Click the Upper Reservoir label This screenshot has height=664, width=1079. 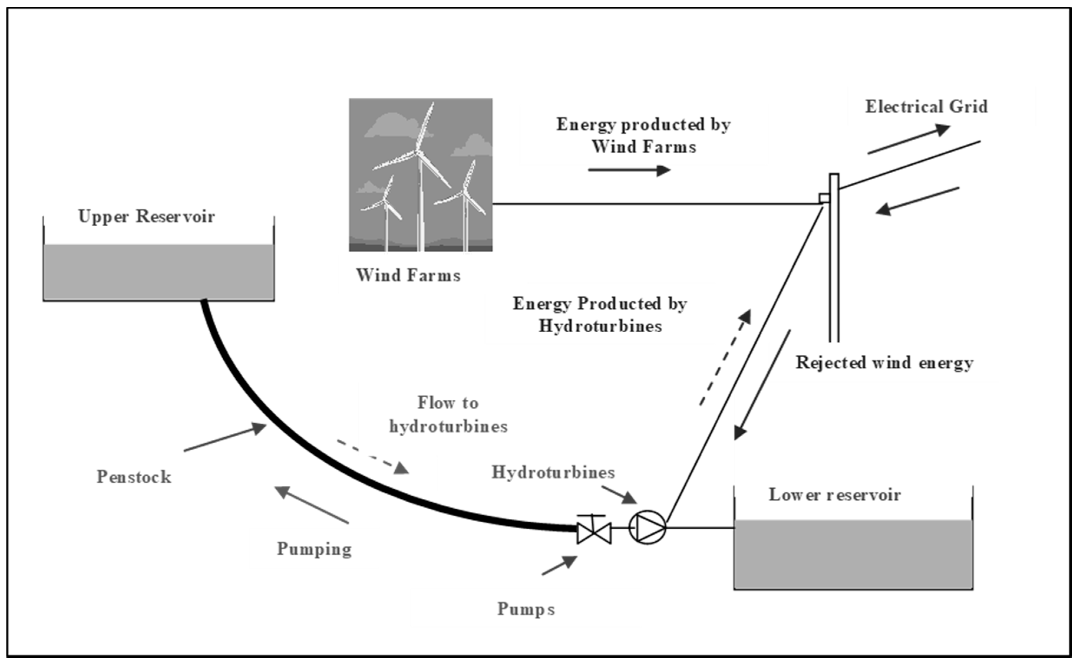pos(146,217)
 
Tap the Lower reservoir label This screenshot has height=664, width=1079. pos(834,495)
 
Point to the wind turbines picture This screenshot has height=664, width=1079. pos(420,175)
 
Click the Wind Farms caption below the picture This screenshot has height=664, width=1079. pos(408,275)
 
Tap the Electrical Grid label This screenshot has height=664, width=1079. pos(926,107)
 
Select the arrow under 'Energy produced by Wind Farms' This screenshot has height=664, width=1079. pos(629,170)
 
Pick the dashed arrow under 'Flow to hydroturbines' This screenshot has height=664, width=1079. pos(373,457)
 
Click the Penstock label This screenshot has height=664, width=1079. pos(134,477)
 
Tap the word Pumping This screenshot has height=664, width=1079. pos(314,549)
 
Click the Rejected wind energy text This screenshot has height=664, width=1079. pos(885,363)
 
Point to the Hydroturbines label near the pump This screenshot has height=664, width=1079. pos(553,472)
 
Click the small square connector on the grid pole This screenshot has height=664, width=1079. pos(824,198)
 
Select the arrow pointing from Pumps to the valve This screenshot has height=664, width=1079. pos(559,566)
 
